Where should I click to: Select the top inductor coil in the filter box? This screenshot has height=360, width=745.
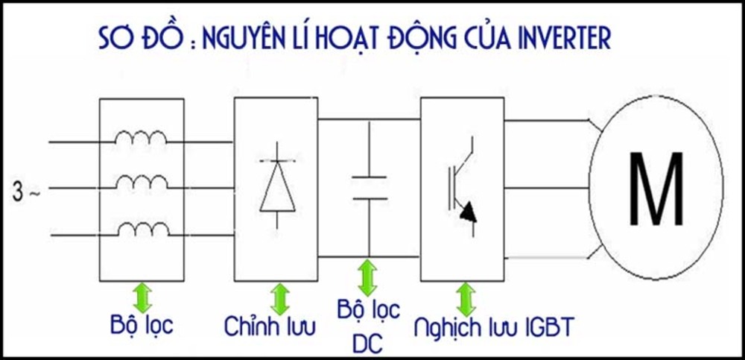coord(141,139)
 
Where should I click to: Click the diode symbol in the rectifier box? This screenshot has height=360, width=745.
coord(277,186)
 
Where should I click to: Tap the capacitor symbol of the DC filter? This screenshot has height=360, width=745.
coord(369,187)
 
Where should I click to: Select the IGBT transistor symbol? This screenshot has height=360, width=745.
coord(462,186)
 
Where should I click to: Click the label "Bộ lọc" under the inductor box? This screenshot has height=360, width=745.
coord(141,326)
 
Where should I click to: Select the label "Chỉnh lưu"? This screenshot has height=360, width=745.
coord(270,326)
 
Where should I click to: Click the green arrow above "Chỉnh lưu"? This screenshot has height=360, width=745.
coord(280,299)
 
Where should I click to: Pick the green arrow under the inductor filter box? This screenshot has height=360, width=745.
coord(142,297)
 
